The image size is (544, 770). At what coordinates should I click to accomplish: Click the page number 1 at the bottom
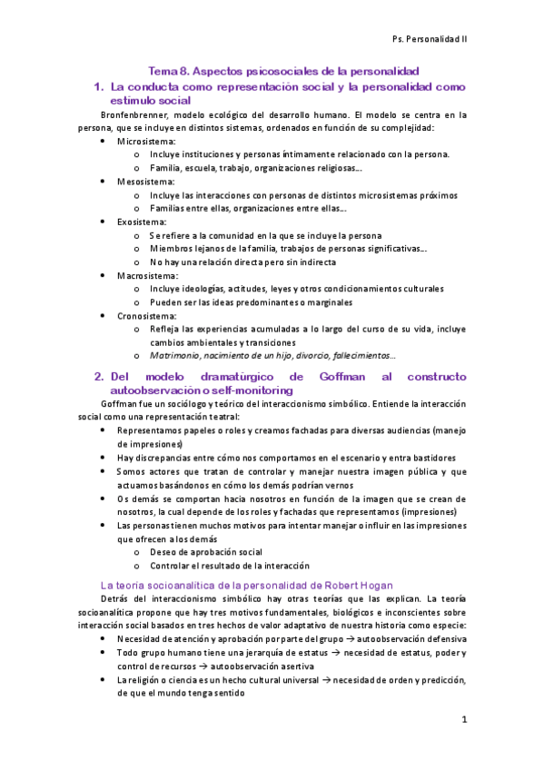coord(463,721)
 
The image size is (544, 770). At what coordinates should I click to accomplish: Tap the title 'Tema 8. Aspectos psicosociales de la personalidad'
coord(282,71)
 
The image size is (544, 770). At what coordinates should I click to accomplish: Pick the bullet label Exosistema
coord(143,222)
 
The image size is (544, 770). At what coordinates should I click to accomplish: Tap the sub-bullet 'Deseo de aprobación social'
coord(206,551)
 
